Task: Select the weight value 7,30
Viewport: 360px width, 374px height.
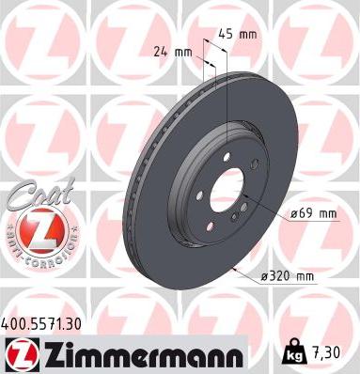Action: coord(327,351)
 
